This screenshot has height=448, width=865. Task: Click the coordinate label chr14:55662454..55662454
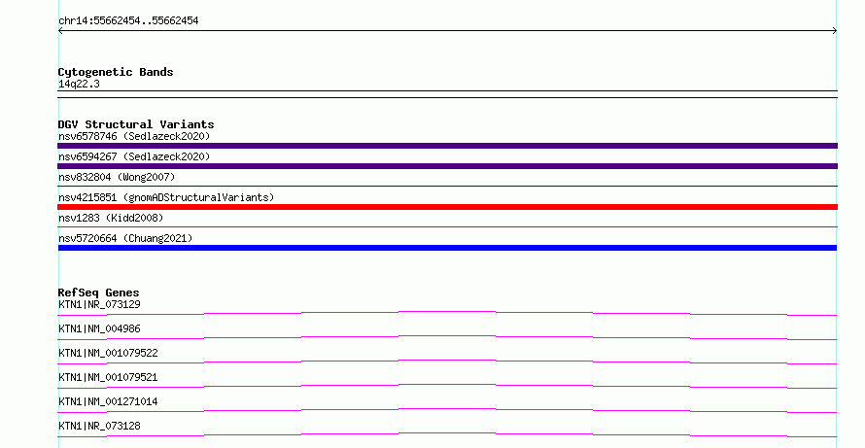click(128, 21)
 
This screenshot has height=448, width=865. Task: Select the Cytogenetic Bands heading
click(116, 72)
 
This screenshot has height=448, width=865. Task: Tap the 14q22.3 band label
click(79, 84)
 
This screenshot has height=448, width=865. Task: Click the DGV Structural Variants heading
click(136, 124)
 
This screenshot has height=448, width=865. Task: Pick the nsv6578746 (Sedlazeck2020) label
click(134, 136)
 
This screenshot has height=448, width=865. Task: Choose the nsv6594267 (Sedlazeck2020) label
click(134, 156)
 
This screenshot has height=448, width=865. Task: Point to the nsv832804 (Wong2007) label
click(117, 177)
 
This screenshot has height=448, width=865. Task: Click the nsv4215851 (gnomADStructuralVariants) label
click(166, 197)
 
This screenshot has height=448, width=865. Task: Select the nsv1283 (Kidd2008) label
click(111, 218)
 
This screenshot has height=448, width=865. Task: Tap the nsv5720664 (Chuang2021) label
click(125, 238)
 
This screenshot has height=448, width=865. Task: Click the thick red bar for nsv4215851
click(447, 207)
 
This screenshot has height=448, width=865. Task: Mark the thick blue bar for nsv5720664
click(447, 248)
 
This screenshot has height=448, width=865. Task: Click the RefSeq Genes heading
click(98, 293)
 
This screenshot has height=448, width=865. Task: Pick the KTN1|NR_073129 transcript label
click(99, 304)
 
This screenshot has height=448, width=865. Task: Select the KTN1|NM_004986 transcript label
click(99, 328)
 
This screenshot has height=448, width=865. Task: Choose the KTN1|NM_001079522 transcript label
click(108, 353)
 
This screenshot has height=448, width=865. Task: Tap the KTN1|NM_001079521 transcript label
click(108, 377)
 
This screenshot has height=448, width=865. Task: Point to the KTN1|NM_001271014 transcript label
click(108, 401)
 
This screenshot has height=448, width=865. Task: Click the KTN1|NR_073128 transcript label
click(99, 426)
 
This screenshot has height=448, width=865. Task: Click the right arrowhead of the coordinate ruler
click(836, 31)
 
